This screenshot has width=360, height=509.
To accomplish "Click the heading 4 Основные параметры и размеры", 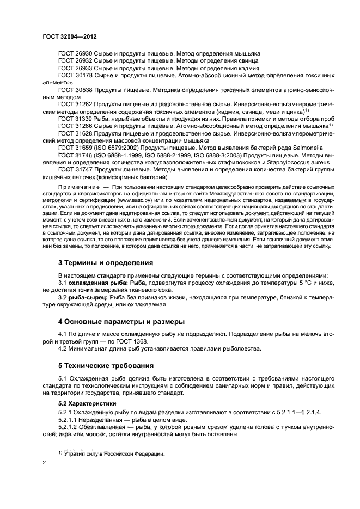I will click(120, 321).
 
